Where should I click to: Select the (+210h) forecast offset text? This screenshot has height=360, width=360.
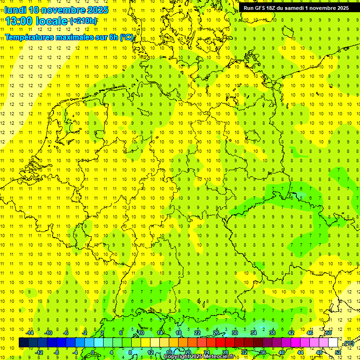[x=83, y=21]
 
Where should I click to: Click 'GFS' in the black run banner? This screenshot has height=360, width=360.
[x=261, y=8]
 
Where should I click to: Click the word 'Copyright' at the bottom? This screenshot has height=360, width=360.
[x=177, y=357]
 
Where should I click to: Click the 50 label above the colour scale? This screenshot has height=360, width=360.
[x=329, y=333]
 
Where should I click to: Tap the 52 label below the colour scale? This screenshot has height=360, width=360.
[x=338, y=352]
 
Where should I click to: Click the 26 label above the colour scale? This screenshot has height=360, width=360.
[x=216, y=333]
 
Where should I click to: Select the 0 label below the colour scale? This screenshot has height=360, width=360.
[x=93, y=352]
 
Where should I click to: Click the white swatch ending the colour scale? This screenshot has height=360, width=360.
[x=333, y=343]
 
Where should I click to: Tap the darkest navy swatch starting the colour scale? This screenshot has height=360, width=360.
[x=23, y=343]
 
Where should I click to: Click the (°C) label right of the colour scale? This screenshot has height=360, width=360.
[x=348, y=344]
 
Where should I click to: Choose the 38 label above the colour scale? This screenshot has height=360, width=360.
[x=272, y=333]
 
